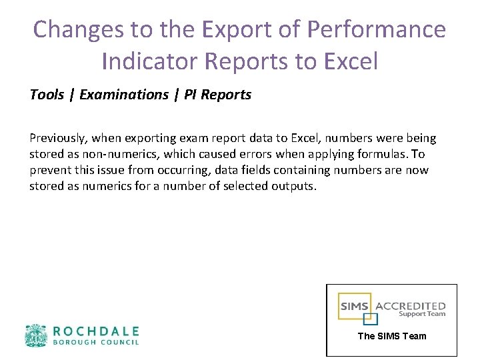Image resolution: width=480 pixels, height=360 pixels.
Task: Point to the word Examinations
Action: (124, 95)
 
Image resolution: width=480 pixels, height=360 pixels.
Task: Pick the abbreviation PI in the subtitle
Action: (189, 95)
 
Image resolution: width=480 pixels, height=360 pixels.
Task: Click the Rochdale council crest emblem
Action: (36, 336)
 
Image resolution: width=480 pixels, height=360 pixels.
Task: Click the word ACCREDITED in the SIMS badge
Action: (411, 306)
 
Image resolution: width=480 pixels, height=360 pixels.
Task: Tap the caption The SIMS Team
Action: (392, 336)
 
